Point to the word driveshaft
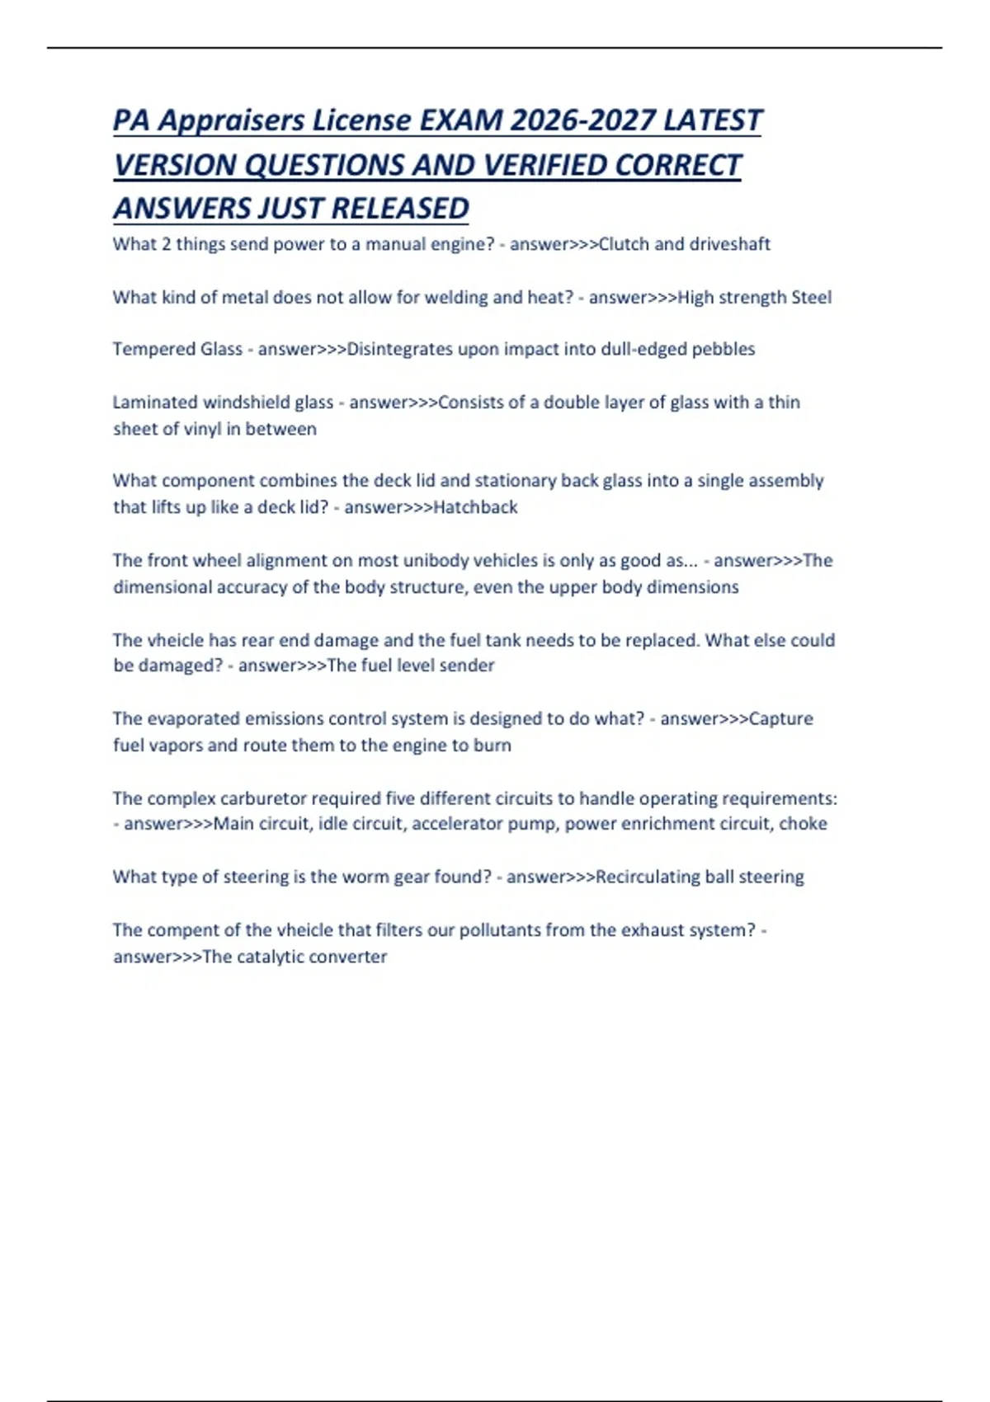[729, 244]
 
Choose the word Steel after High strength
[811, 297]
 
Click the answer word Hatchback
[475, 507]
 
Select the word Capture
[780, 718]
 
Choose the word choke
[805, 824]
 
